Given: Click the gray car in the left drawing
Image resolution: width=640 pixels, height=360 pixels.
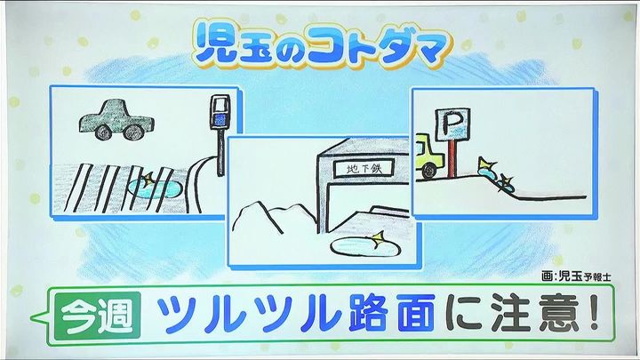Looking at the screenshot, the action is (x=116, y=119).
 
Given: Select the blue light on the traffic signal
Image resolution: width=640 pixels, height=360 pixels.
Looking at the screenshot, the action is (x=220, y=120).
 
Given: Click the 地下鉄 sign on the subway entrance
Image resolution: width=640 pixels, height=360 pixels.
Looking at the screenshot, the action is (x=364, y=168).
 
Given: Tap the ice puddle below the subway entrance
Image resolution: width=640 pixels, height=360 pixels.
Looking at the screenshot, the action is (x=365, y=246).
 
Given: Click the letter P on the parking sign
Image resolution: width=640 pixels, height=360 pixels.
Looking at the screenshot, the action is (x=451, y=123).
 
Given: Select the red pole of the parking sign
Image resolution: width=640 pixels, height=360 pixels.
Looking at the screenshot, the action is (x=451, y=157).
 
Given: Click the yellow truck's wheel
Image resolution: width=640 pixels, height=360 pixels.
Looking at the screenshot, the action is (x=428, y=171).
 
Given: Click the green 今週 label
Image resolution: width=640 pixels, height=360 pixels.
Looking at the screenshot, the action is (x=97, y=315).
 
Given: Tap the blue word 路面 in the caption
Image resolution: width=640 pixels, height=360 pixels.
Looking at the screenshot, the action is (x=391, y=313).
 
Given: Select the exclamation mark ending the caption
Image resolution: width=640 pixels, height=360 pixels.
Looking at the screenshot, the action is (x=593, y=312).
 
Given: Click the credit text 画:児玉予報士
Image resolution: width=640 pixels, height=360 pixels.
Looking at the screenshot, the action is (x=576, y=276).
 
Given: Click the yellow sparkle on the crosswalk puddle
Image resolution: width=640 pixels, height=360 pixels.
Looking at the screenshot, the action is (x=148, y=179).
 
